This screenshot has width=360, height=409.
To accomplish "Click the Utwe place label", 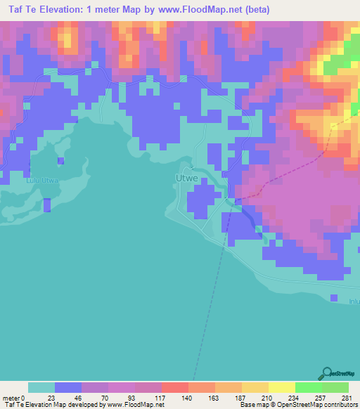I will (184, 179).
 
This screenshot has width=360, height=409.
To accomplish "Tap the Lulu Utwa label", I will (41, 180).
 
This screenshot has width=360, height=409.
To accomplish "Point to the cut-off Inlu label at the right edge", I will (354, 301).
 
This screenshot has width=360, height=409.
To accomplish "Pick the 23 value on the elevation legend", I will (54, 398).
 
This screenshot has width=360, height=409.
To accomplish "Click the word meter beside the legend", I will (12, 398).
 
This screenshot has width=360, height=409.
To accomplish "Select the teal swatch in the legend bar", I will (41, 387).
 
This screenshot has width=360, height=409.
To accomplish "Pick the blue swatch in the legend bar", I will (67, 387).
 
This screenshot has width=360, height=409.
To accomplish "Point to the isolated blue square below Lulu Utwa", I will (47, 204).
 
